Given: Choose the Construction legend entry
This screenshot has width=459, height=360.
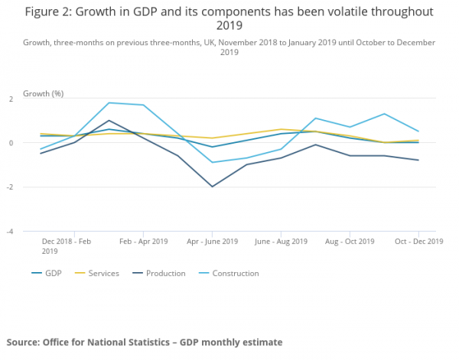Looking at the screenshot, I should point(235,274).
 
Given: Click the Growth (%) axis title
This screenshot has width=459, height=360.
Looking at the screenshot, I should point(44,93).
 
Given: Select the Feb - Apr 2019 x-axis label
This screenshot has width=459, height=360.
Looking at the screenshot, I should point(144,242).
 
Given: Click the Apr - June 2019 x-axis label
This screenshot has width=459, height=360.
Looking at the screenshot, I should point(213,242).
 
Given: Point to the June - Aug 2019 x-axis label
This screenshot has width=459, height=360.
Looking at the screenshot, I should point(281,242).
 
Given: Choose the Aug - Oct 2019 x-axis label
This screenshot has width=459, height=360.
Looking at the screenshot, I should point(350,242).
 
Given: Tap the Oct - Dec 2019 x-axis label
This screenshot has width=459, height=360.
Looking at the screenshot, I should point(418,242).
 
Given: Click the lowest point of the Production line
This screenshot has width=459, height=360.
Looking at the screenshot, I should point(212,186).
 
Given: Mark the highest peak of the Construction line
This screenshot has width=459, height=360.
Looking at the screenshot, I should point(109,102).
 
